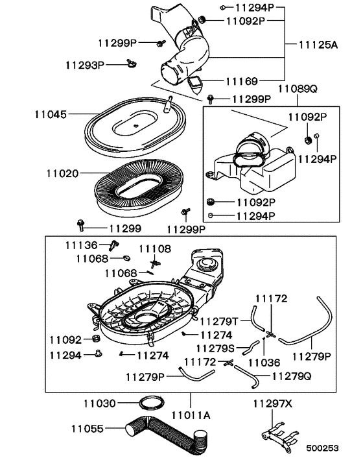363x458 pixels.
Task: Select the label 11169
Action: point(242,81)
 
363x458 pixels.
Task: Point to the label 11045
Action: point(51,114)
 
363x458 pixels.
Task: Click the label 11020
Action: point(62,174)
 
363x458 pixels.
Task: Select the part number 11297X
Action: point(272,404)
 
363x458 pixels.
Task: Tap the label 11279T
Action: point(218,320)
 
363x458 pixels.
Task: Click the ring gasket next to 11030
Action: point(150,403)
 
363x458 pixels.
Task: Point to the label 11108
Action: point(154,248)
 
